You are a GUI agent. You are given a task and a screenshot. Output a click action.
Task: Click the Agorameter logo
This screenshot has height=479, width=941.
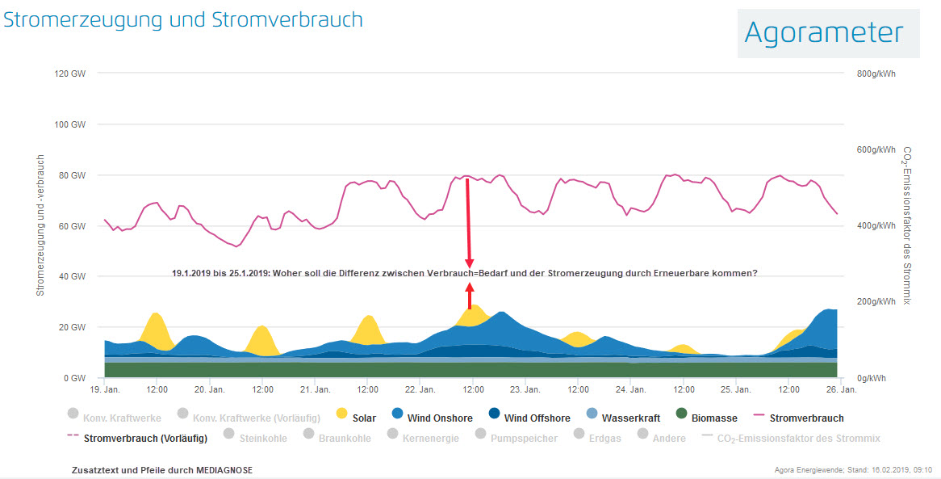[x=824, y=32]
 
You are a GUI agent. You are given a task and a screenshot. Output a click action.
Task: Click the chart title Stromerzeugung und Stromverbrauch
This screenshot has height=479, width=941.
[x=183, y=20]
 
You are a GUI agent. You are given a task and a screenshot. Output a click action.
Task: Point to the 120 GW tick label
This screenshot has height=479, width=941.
[x=69, y=74]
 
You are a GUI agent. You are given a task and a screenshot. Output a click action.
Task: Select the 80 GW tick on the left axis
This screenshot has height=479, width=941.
[x=71, y=175]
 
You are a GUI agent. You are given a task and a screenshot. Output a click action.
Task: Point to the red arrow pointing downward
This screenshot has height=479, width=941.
[x=468, y=222]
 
